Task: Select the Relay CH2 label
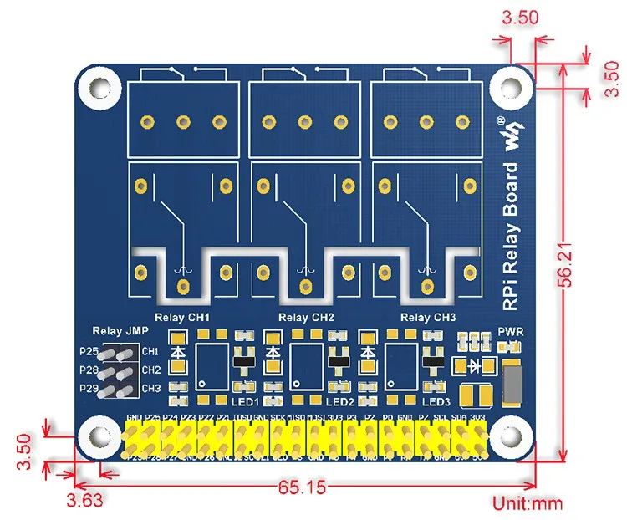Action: [306, 318]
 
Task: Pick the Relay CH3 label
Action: [429, 318]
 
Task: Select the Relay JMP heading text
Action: [116, 331]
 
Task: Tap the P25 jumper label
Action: [89, 351]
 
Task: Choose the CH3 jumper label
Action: [151, 388]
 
